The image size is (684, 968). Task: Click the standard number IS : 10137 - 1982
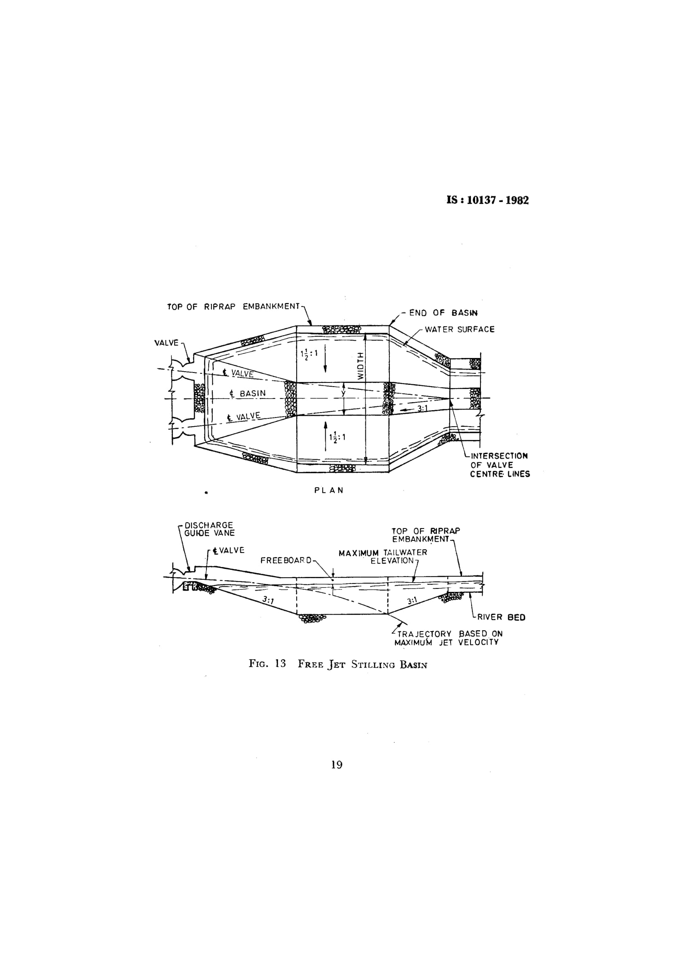point(487,200)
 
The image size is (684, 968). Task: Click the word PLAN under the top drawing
point(329,490)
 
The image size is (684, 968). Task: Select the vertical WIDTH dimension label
point(360,365)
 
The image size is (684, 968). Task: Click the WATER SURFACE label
point(459,329)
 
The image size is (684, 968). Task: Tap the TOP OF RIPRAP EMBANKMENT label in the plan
point(233,307)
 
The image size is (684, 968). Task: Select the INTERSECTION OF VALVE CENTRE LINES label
point(500,465)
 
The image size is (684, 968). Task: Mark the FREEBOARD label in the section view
point(286,560)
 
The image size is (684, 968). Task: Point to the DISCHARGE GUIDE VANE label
point(209,529)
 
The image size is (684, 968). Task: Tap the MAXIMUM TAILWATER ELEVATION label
point(383,557)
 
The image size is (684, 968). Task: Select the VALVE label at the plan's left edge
point(166,343)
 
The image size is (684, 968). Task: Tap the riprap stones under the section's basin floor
point(312,618)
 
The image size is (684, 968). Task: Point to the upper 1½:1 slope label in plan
point(309,355)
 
